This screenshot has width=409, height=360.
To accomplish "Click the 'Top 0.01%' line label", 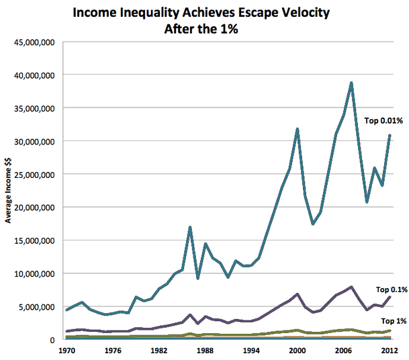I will click(x=382, y=121).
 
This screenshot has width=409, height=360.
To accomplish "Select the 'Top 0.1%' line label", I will click(x=392, y=289).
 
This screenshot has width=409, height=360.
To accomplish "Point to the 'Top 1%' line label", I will click(x=394, y=321).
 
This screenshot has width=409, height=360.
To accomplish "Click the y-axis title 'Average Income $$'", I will click(x=8, y=189).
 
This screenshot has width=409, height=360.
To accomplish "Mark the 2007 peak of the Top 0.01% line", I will click(x=351, y=83).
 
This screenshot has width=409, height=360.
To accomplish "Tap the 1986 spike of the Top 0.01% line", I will click(x=190, y=228).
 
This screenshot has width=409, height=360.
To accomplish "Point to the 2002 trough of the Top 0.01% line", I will click(x=313, y=224).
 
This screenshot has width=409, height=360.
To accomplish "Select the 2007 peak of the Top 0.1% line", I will click(x=351, y=287).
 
